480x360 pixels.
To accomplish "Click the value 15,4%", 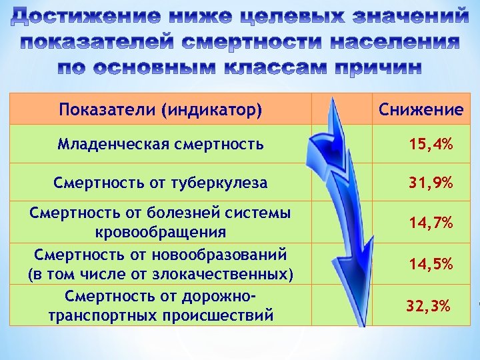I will point(431,143).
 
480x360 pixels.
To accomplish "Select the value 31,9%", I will point(431,182).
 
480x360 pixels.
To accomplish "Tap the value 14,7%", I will point(431,222).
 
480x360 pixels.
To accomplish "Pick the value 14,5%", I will point(431,264).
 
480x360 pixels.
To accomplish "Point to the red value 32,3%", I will point(429,306).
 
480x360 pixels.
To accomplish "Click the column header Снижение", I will point(421,109).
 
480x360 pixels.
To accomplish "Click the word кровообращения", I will point(161,232).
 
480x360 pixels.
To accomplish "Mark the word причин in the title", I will point(367,68).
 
